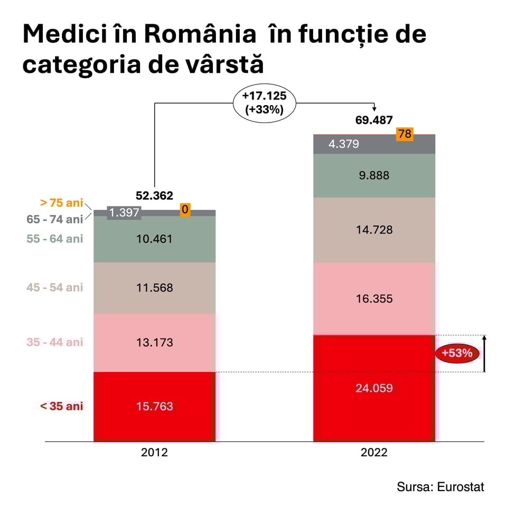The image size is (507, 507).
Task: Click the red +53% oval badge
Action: pos(457,353)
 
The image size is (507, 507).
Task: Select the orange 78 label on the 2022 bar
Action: pos(405,134)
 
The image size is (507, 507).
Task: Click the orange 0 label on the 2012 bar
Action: pos(185,210)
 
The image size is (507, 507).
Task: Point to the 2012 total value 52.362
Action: pos(154,196)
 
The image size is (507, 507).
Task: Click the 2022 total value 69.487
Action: pos(374,120)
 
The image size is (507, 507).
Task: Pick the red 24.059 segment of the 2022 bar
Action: pos(374,388)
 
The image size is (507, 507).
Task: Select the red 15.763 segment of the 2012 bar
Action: pos(154,407)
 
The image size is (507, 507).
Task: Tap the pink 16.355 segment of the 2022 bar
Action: pos(374,299)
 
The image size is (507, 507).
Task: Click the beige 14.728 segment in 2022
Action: pos(374,230)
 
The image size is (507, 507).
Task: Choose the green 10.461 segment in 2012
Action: pos(154,239)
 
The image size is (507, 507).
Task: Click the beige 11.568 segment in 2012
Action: pos(154,288)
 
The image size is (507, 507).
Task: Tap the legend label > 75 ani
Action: pos(61,202)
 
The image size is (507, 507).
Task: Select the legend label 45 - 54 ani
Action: pos(55,288)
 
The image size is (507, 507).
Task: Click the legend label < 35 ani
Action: pos(62,406)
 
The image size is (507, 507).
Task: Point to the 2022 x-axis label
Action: pos(374,453)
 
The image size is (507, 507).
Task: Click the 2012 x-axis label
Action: pos(154,453)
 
